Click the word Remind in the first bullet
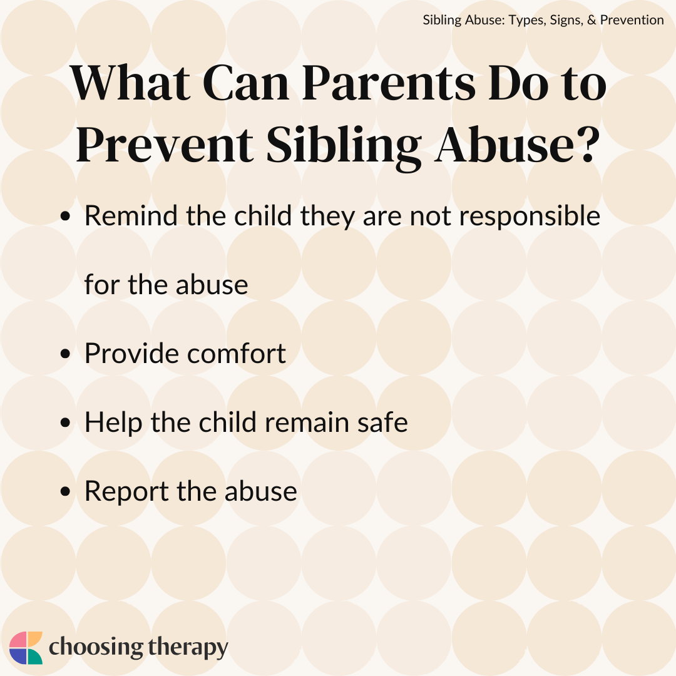tap(125, 216)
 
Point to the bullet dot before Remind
tap(66, 217)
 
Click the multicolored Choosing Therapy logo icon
tap(26, 648)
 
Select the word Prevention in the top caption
tap(632, 20)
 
